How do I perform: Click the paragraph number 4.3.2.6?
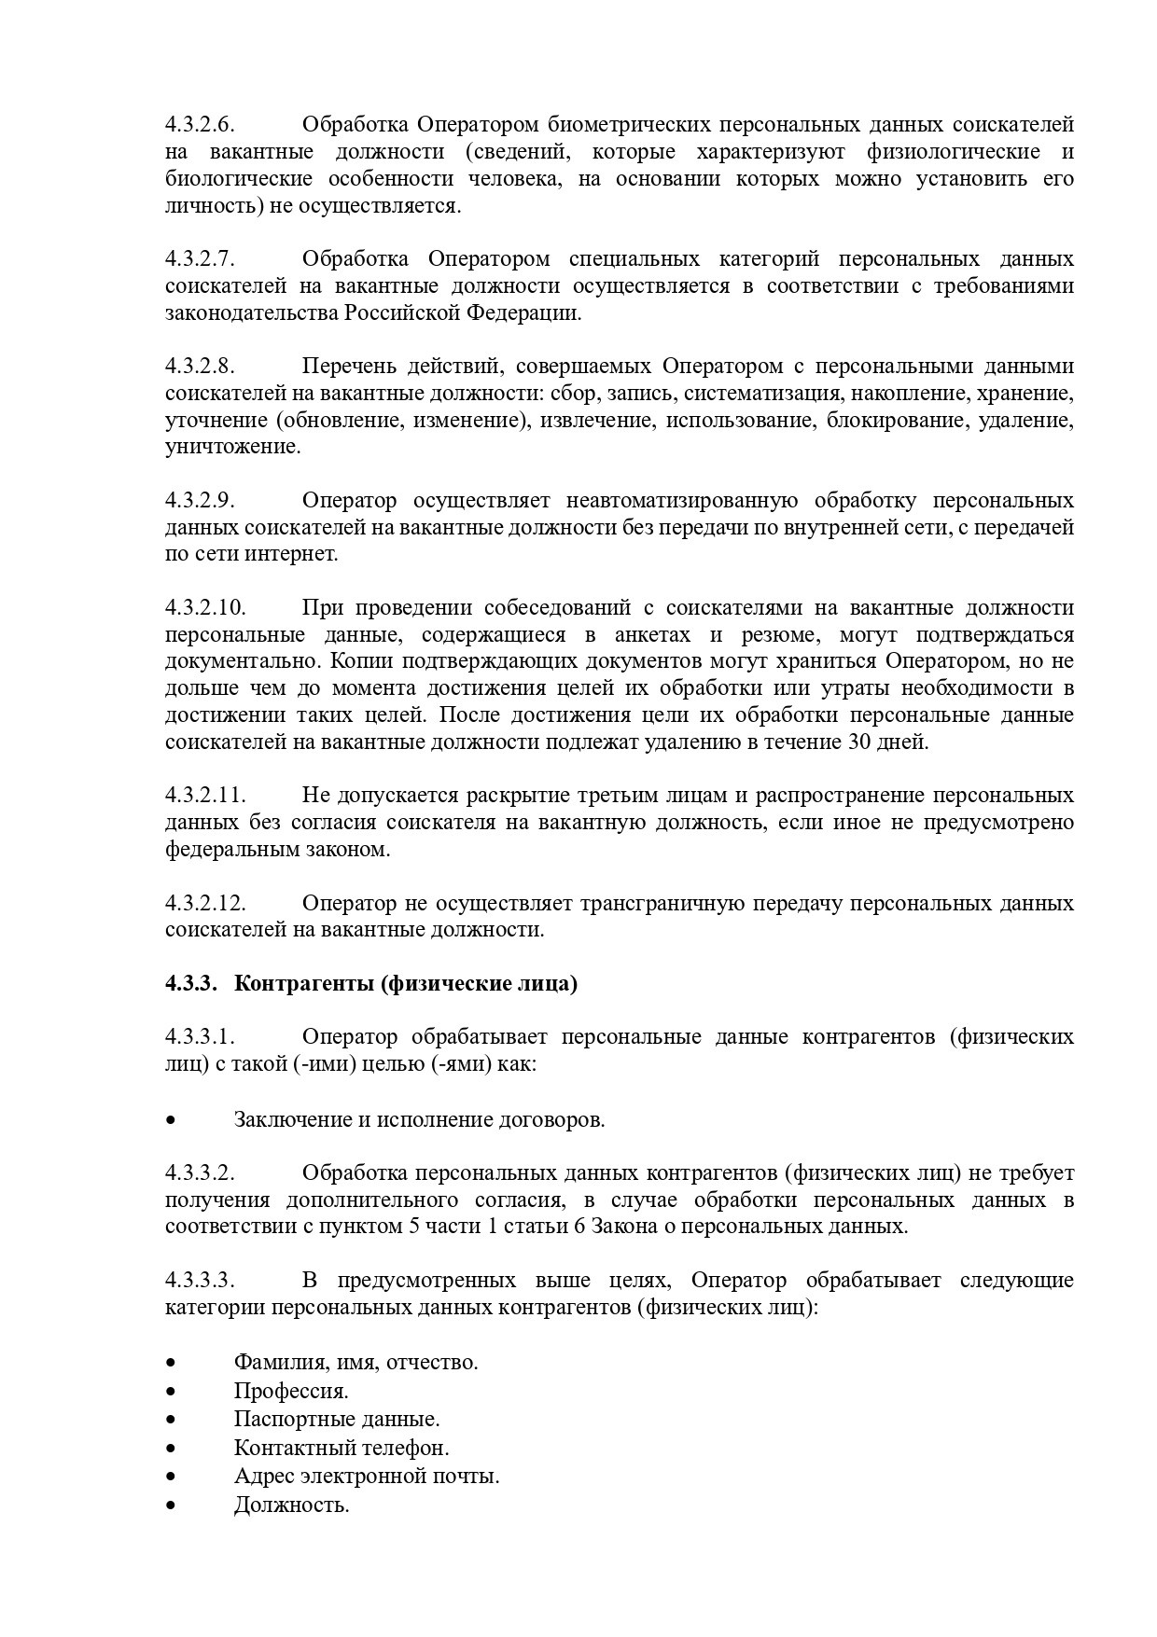pos(200,125)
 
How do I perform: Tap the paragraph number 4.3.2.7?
pos(200,259)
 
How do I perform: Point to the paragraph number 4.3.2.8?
pos(200,367)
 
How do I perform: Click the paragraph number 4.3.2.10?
pos(205,608)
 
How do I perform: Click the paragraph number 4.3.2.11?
pos(205,796)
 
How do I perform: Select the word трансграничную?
pos(662,904)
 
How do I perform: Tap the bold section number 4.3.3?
pos(191,984)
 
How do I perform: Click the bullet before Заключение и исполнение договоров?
pos(170,1120)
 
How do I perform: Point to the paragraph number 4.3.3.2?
pos(200,1173)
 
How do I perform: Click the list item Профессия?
pos(291,1391)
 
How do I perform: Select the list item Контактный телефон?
pos(342,1449)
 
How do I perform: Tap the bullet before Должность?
pos(170,1505)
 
